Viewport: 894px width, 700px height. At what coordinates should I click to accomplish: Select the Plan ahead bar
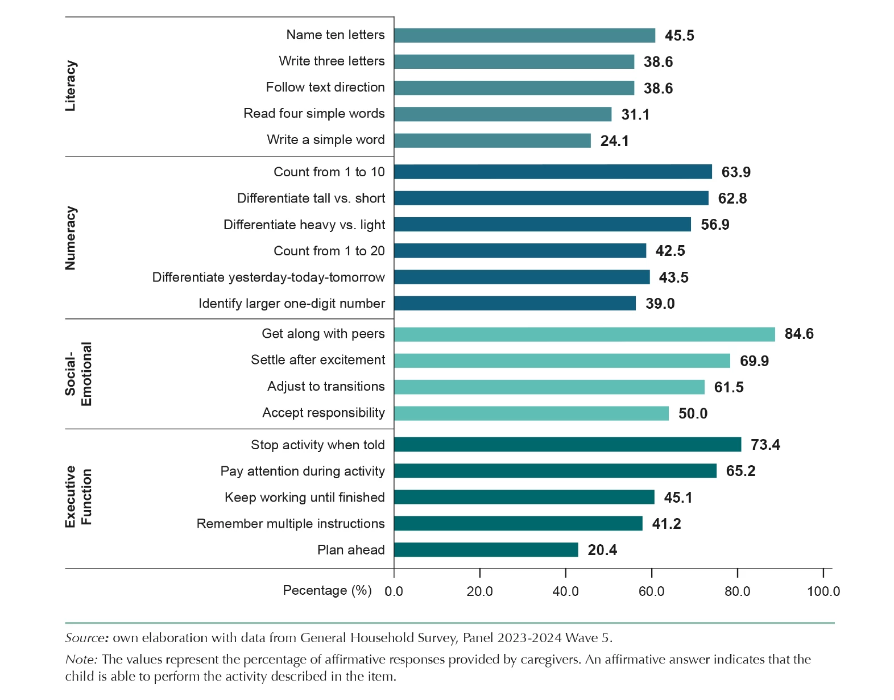(486, 550)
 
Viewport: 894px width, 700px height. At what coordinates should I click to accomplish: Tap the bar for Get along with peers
(584, 334)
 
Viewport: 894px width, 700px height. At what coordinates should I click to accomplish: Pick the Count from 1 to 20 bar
(520, 251)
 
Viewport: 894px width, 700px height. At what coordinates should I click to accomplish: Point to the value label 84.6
(798, 334)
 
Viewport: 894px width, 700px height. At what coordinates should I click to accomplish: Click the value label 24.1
(614, 141)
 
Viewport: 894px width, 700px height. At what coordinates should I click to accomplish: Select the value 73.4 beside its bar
(765, 445)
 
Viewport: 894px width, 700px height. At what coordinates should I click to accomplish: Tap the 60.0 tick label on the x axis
(651, 591)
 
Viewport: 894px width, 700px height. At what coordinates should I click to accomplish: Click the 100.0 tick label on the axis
(823, 591)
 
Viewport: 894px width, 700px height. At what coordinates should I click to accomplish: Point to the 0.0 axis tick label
(394, 591)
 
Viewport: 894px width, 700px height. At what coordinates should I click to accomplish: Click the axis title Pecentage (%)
(327, 590)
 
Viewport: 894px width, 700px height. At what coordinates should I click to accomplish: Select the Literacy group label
(71, 86)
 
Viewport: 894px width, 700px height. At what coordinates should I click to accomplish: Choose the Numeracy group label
(71, 238)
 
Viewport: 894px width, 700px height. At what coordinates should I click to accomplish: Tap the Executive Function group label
(78, 496)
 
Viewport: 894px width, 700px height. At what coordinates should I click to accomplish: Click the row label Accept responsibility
(323, 413)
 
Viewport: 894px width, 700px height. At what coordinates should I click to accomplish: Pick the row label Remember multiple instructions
(290, 524)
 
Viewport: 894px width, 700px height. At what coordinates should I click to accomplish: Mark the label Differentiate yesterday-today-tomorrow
(268, 277)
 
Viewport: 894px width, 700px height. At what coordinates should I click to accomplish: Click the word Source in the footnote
(86, 638)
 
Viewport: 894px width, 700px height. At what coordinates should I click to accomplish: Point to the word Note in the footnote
(81, 660)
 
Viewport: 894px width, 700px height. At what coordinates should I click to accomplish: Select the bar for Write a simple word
(492, 140)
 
